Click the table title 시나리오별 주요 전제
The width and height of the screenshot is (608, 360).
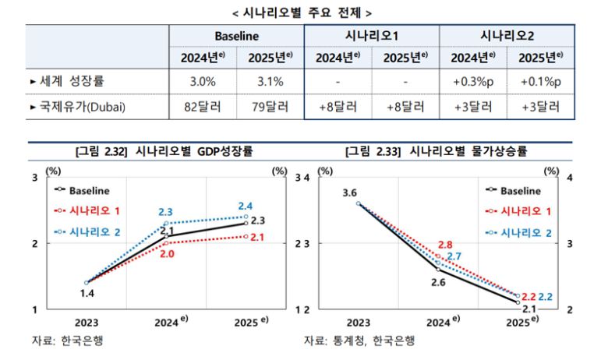[302, 12]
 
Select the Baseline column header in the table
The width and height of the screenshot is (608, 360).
[236, 36]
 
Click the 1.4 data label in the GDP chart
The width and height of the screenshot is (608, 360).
[87, 293]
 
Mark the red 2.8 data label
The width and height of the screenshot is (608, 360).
[446, 245]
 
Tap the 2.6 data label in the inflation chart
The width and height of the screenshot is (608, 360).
[438, 282]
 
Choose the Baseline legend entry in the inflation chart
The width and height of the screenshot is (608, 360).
[514, 189]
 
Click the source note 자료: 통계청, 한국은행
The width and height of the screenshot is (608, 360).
[359, 341]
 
